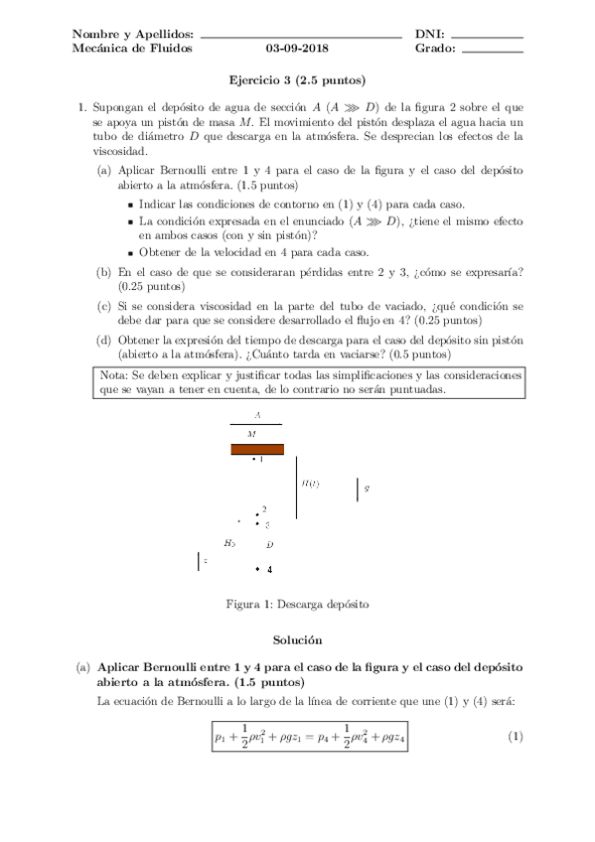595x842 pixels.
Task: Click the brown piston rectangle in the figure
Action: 257,449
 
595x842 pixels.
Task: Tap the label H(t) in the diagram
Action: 310,484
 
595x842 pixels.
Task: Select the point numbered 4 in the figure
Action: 258,569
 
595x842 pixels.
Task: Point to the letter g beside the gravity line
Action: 367,489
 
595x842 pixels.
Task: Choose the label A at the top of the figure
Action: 257,414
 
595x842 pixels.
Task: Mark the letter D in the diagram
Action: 269,544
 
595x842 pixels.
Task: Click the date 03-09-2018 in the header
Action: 297,48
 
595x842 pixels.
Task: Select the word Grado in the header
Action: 435,48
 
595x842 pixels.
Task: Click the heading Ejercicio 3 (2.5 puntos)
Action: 297,79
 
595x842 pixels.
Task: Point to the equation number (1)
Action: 515,737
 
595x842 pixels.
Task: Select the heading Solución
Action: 297,641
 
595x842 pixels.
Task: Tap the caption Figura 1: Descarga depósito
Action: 297,603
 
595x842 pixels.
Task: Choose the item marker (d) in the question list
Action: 103,340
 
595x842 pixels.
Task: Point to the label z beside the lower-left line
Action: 205,561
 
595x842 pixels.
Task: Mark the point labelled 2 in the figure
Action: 258,512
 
